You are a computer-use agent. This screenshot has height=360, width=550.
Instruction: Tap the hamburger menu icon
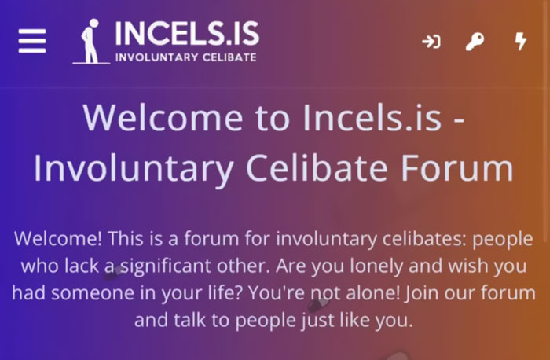[x=32, y=41]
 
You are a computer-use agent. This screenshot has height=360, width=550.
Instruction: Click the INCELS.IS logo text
[x=186, y=33]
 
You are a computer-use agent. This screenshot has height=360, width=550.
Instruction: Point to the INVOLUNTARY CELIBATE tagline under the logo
[x=185, y=57]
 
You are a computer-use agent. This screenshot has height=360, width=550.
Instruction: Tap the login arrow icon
[x=431, y=42]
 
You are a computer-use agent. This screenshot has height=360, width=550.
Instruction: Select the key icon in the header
[x=475, y=42]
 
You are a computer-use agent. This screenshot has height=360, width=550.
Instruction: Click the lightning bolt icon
[x=520, y=41]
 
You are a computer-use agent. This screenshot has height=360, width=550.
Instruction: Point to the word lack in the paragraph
[x=76, y=266]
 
